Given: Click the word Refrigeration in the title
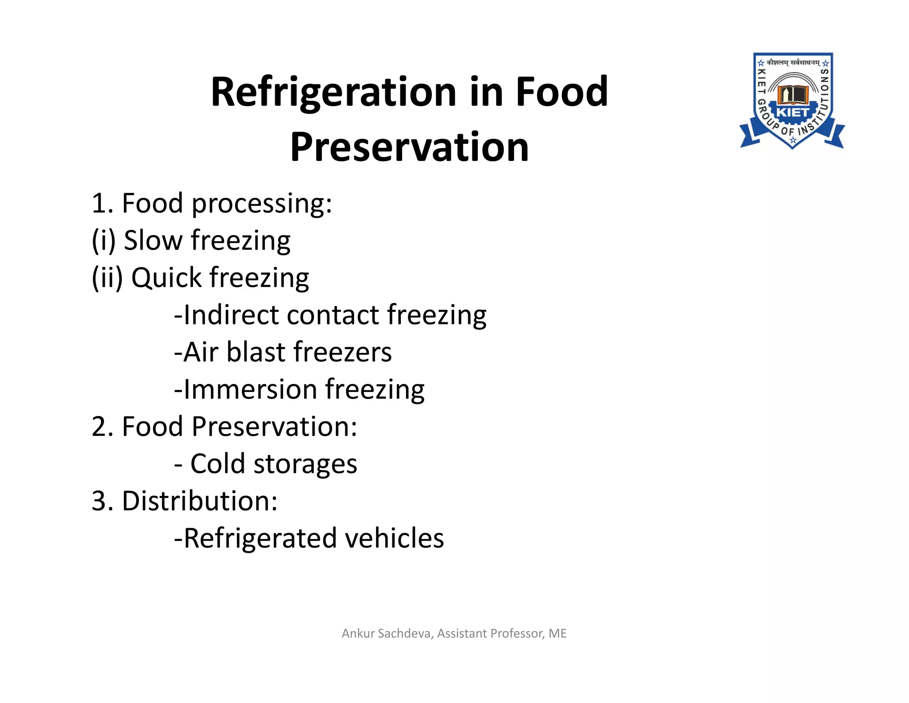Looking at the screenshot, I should click(x=333, y=92).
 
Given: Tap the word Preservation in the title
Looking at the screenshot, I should click(x=409, y=147).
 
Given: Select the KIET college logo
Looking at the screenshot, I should click(x=792, y=101).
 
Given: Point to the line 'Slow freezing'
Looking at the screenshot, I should click(x=191, y=240).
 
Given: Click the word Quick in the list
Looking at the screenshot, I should click(x=166, y=278).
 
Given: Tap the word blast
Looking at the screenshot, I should click(x=255, y=352).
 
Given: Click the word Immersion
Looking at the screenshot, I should click(x=250, y=389).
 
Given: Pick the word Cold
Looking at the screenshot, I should click(x=217, y=464).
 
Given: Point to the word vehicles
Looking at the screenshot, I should click(x=394, y=538).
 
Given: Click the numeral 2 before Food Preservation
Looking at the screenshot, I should click(x=101, y=427).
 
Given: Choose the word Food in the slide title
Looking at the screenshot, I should click(x=561, y=92).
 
